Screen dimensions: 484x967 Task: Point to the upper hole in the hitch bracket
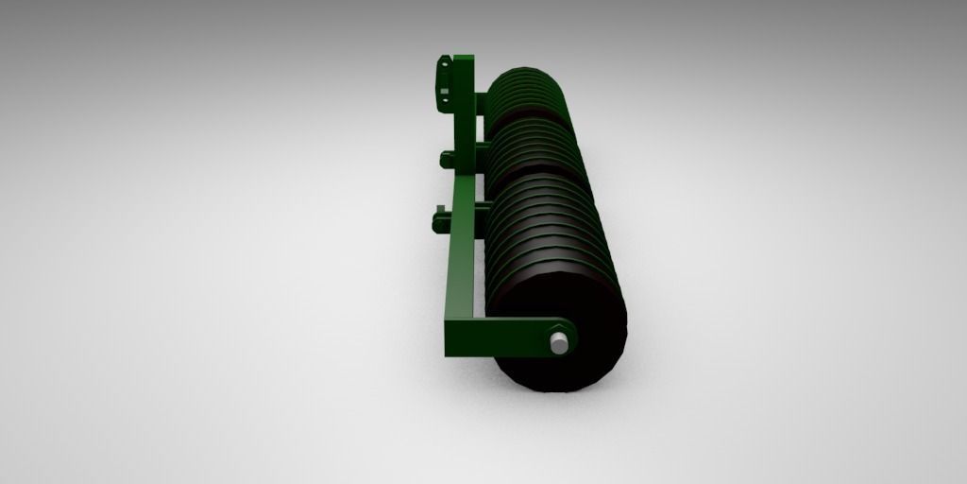[441, 68]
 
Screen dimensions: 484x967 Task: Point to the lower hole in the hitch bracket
[441, 95]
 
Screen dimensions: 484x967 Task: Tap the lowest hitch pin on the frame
[442, 223]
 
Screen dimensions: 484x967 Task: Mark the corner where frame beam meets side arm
[451, 340]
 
